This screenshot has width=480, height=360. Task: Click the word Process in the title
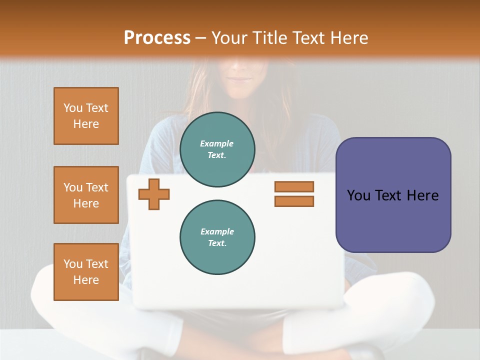coord(157,38)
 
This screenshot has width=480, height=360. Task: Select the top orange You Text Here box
coord(86,116)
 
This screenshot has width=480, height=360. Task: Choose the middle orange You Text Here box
coord(86,195)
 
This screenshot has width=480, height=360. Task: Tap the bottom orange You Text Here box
coord(86,272)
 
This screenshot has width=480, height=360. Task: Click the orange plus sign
coord(154,194)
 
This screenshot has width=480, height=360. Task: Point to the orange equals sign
coord(294,194)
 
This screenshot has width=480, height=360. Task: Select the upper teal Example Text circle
coord(217,149)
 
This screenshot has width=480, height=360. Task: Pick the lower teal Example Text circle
coord(217,237)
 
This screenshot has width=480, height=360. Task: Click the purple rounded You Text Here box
coord(393,195)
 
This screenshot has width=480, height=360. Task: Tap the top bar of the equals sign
coord(294,186)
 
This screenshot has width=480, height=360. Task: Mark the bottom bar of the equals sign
coord(294,201)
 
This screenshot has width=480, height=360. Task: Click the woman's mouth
coord(241,78)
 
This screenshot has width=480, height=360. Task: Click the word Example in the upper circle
coord(217,143)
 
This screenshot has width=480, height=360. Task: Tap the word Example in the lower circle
coord(217,231)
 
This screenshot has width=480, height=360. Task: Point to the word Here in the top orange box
coord(86,124)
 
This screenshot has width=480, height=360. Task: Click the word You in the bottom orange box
coord(73,264)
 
